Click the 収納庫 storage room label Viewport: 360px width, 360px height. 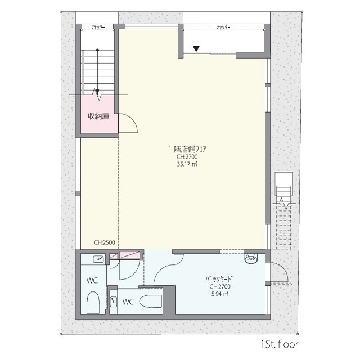pos(98,116)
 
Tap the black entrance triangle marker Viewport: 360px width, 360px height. pos(196,49)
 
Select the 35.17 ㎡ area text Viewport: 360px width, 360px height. pos(187,164)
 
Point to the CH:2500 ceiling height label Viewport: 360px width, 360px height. pos(105,242)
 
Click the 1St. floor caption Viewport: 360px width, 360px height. pos(280,344)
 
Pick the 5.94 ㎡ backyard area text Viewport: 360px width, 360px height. pos(220,294)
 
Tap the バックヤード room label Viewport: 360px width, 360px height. pos(219,280)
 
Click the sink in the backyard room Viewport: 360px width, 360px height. pos(251,258)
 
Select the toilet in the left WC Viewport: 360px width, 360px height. pos(93,303)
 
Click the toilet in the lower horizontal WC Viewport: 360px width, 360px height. pos(151,301)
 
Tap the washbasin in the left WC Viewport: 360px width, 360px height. pos(99,259)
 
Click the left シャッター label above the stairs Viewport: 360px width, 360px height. pos(98,27)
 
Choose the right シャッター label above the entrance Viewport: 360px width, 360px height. pos(223,27)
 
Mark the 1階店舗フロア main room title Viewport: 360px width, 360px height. pos(187,150)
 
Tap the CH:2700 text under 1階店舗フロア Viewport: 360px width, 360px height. pos(187,157)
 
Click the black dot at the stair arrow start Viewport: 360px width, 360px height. pos(97,50)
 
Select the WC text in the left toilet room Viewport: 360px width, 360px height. pos(92,280)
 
